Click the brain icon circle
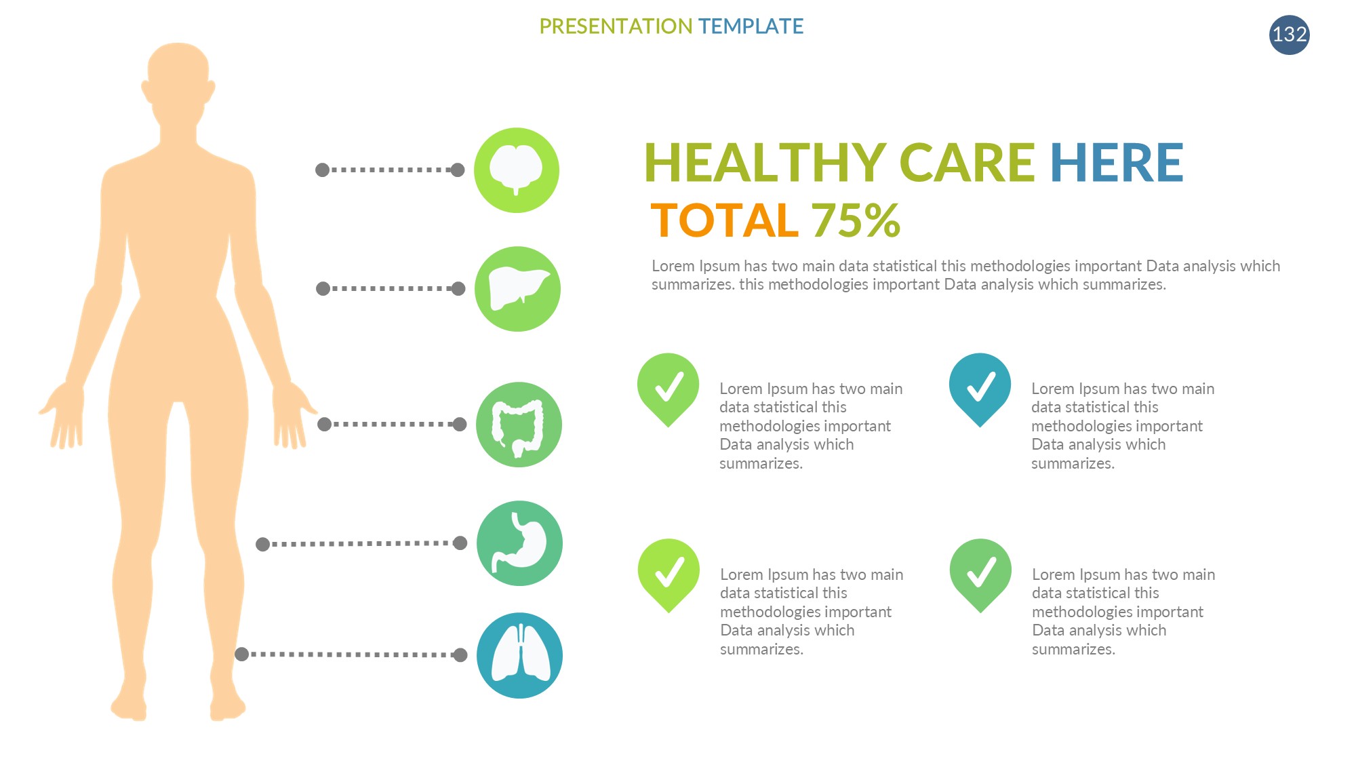point(517,170)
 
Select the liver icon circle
point(517,289)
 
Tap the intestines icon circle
point(519,425)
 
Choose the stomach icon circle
point(519,543)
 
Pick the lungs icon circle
point(519,655)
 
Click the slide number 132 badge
point(1290,35)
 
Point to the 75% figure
point(856,220)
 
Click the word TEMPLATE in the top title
point(751,26)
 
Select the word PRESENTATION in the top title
point(616,26)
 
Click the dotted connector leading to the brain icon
point(390,170)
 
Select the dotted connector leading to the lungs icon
point(351,654)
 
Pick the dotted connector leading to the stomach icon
point(361,543)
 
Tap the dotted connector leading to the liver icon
point(391,289)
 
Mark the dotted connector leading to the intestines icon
point(392,425)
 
